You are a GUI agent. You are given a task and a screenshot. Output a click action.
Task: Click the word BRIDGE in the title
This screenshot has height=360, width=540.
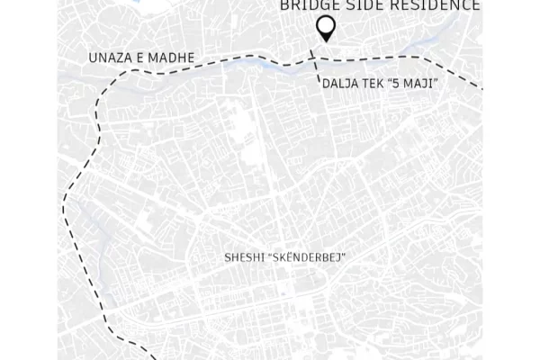[x=308, y=5]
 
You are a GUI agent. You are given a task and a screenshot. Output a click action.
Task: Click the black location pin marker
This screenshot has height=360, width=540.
[x=326, y=28]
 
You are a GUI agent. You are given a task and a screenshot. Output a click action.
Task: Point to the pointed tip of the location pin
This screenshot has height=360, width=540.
[x=326, y=40]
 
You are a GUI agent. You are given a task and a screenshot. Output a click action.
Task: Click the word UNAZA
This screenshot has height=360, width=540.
[x=110, y=58]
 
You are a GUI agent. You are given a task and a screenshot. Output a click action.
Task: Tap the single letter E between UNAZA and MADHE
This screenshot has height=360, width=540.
[x=140, y=58]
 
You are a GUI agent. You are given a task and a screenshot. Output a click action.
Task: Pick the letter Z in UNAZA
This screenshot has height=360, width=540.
[x=116, y=58]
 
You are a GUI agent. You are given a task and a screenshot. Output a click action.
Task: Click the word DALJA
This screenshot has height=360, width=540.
[x=340, y=84]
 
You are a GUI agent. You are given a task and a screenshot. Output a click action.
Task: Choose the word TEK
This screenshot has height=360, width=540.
[x=379, y=84]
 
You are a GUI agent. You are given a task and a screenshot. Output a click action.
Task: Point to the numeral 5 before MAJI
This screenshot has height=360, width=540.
[x=407, y=84]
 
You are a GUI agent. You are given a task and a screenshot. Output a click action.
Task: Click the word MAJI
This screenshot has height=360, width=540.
[x=427, y=84]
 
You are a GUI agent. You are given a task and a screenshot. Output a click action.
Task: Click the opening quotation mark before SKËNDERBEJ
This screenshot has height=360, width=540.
[x=272, y=256]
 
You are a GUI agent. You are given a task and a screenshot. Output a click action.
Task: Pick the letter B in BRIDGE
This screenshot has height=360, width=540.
[x=285, y=5]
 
